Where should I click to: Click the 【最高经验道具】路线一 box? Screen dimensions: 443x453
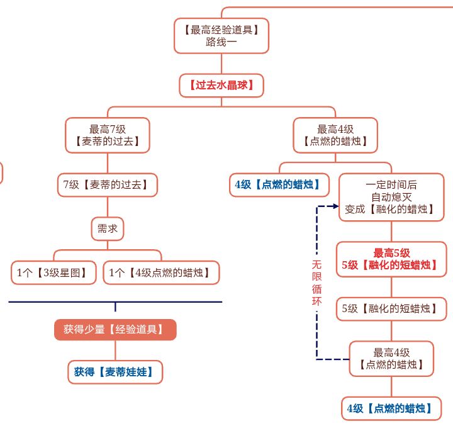coord(221,36)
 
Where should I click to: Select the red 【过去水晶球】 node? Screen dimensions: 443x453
coord(221,85)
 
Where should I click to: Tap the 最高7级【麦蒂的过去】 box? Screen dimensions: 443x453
coord(108,135)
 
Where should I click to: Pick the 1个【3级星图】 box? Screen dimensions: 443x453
coord(53,273)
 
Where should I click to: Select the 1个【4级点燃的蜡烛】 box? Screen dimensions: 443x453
coord(160,273)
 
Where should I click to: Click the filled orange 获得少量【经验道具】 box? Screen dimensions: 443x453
coord(115,329)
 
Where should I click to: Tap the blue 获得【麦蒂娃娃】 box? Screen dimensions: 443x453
coord(115,372)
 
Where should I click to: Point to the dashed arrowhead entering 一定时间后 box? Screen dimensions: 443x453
coord(335,206)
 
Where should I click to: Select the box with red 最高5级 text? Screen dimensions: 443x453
coord(391,259)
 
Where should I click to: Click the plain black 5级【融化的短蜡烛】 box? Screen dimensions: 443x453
coord(391,308)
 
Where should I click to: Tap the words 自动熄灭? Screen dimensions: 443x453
coord(391,197)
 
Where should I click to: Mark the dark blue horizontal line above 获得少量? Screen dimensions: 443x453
coord(115,302)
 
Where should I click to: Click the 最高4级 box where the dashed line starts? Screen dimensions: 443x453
coord(391,359)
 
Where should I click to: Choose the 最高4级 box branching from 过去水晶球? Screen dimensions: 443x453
coord(335,135)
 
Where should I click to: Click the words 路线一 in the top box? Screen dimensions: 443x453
coord(221,43)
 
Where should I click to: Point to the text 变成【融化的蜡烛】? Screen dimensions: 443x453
coord(391,209)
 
